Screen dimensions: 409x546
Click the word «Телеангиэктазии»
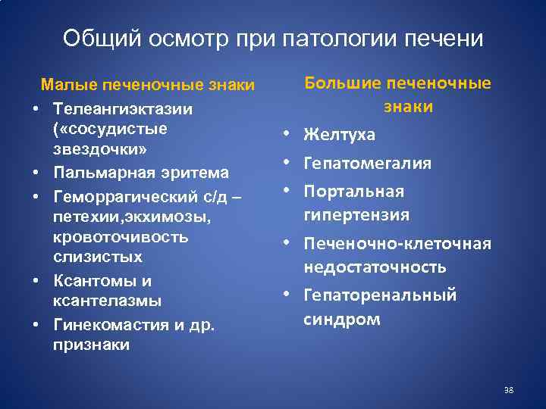point(123,109)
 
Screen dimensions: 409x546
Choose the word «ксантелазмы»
point(107,301)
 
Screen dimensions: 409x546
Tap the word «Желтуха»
point(339,136)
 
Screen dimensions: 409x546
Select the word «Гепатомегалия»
point(368,164)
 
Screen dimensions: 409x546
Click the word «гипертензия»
point(356,215)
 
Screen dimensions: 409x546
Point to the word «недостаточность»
point(375,267)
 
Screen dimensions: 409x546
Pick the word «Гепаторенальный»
point(380,295)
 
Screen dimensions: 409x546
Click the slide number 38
point(509,390)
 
